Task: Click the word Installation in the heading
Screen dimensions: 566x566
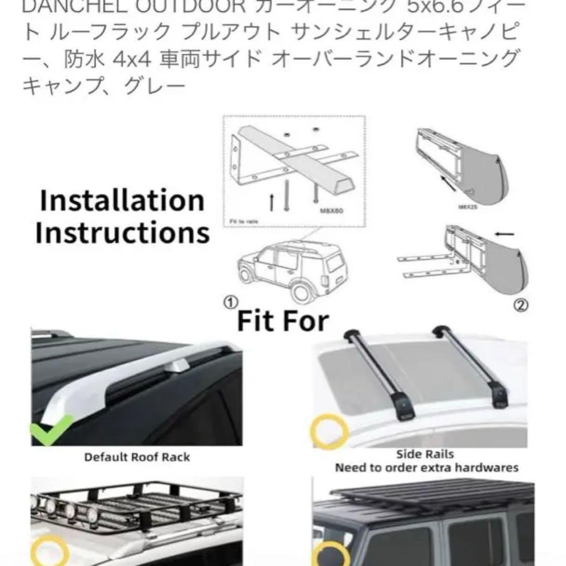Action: [x=122, y=201]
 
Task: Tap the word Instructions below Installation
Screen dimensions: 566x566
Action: [x=122, y=233]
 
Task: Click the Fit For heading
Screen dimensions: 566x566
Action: [x=283, y=321]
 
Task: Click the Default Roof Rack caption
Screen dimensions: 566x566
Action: [x=137, y=457]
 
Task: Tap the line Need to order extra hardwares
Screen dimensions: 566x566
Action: [x=427, y=467]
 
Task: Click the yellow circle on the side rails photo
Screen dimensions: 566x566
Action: [x=330, y=431]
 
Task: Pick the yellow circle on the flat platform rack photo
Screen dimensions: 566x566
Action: [x=331, y=550]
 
